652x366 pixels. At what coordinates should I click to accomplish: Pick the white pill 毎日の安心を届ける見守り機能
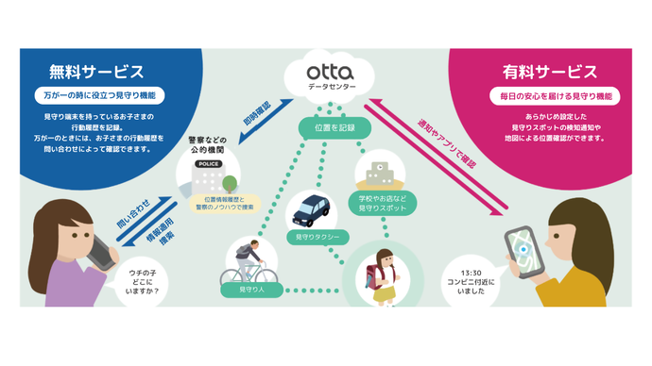550,95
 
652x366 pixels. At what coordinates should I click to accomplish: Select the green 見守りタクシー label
310,237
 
